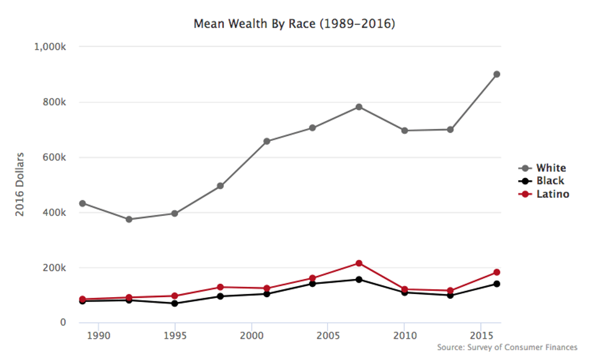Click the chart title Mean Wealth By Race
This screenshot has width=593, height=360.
point(294,24)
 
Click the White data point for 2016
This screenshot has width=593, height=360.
point(496,74)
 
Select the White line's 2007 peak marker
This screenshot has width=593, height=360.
point(359,107)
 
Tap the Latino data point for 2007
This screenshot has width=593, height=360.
point(359,263)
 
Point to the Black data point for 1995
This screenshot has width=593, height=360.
point(175,303)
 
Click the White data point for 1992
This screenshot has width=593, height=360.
point(129,219)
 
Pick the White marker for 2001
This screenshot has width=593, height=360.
point(267,141)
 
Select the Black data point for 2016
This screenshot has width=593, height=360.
point(496,284)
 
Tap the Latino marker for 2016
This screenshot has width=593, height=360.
point(496,272)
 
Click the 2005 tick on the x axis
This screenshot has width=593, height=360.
point(327,335)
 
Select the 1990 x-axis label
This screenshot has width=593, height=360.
point(98,335)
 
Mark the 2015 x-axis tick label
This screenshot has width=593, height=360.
point(480,335)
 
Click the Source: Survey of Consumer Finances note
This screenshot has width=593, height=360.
point(507,347)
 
